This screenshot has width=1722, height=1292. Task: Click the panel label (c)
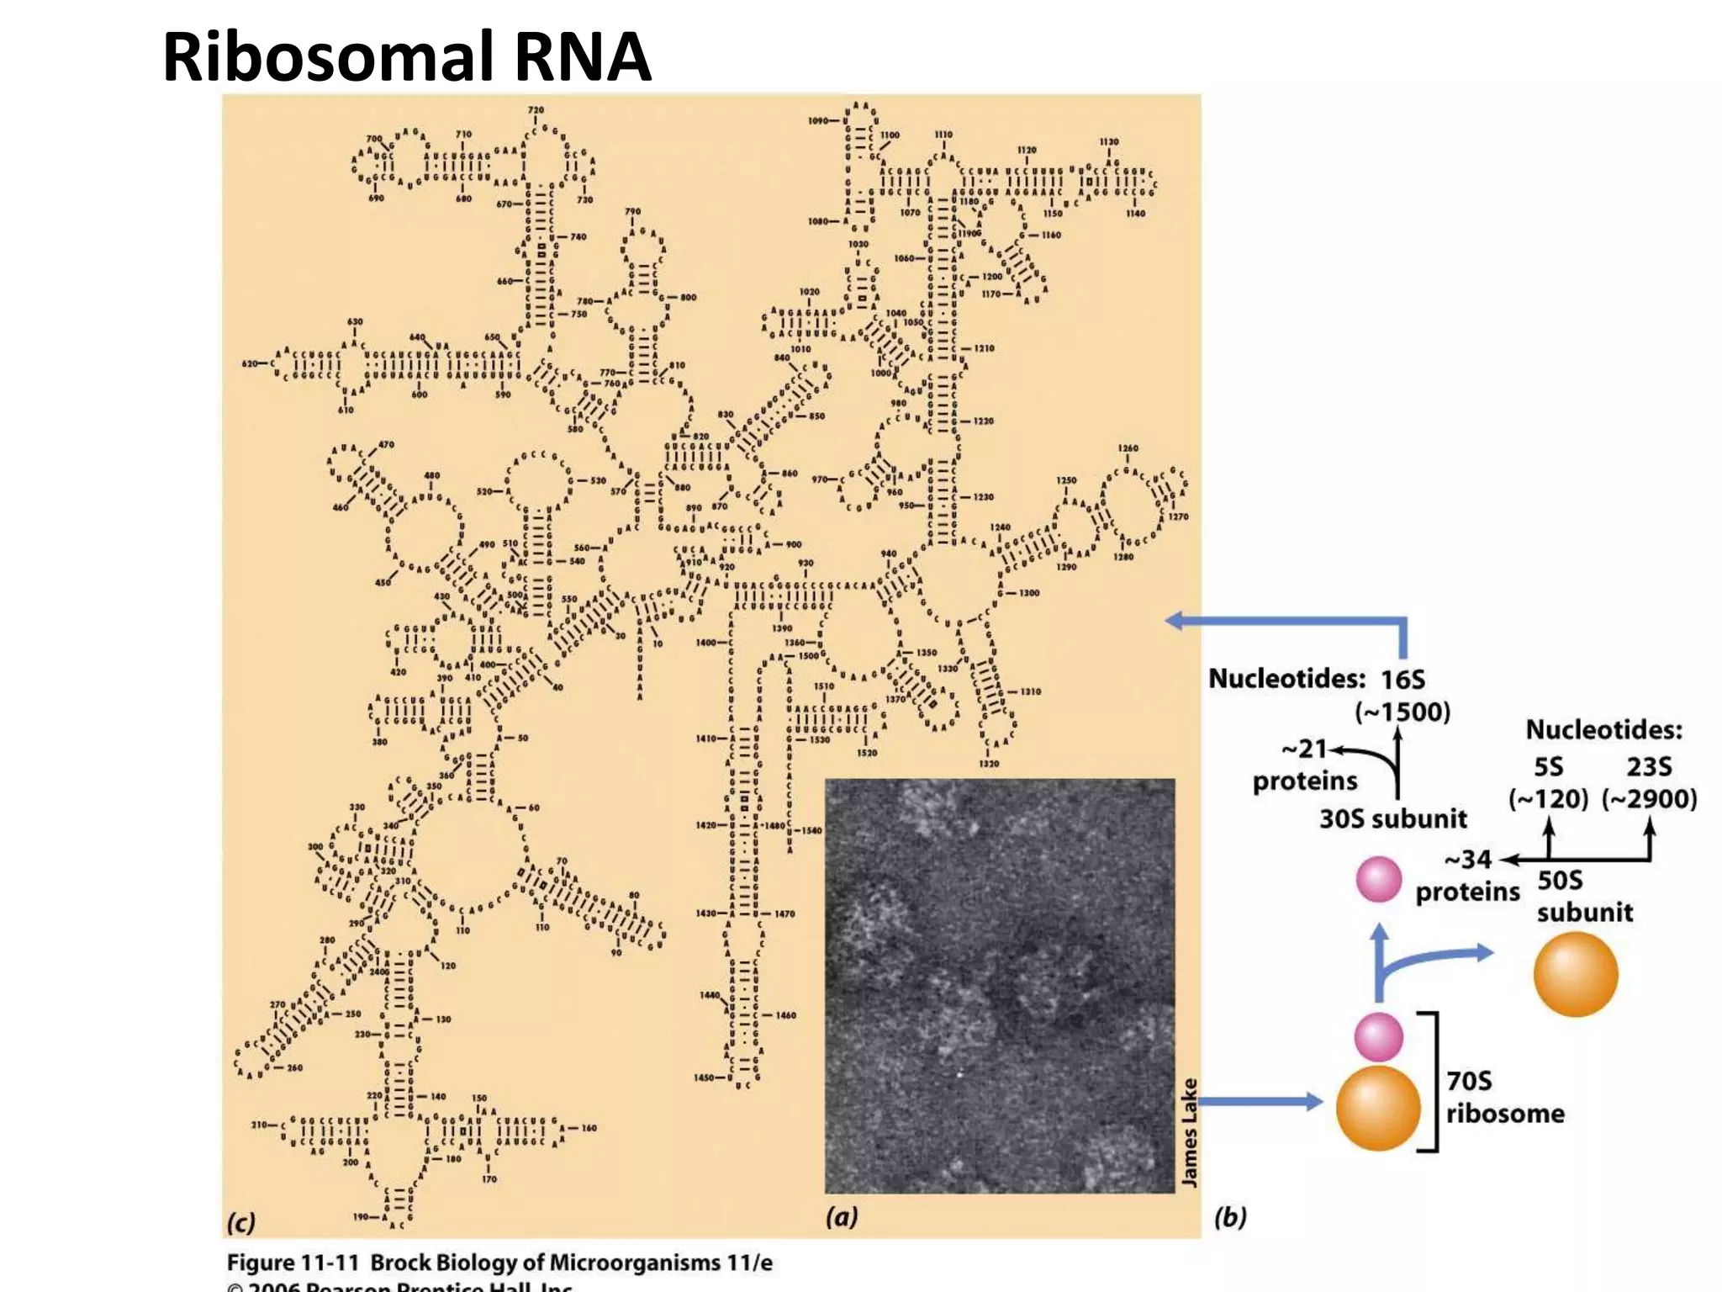pyautogui.click(x=241, y=1221)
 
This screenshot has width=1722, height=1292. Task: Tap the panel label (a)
pyautogui.click(x=842, y=1217)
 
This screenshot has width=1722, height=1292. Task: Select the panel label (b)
pyautogui.click(x=1230, y=1217)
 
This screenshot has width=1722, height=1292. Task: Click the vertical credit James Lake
pyautogui.click(x=1189, y=1132)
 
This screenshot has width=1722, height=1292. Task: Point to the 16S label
pyautogui.click(x=1402, y=680)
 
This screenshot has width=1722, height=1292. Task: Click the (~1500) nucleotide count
pyautogui.click(x=1402, y=712)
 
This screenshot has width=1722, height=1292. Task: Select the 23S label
pyautogui.click(x=1649, y=766)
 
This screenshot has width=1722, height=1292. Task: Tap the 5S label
pyautogui.click(x=1548, y=766)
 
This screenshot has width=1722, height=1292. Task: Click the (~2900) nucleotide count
pyautogui.click(x=1649, y=798)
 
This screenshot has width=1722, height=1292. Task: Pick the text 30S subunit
pyautogui.click(x=1392, y=818)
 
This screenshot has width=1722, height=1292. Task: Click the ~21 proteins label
pyautogui.click(x=1304, y=765)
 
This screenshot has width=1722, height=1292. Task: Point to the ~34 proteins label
pyautogui.click(x=1468, y=876)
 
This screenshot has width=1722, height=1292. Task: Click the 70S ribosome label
pyautogui.click(x=1503, y=1097)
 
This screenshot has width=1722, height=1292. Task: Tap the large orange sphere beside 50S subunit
pyautogui.click(x=1576, y=974)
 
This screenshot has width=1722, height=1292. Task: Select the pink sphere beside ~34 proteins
pyautogui.click(x=1379, y=879)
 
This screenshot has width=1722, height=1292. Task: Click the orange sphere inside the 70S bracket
pyautogui.click(x=1378, y=1108)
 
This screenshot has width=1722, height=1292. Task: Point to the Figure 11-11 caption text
pyautogui.click(x=499, y=1263)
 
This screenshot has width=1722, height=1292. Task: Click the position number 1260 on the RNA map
pyautogui.click(x=1128, y=448)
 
